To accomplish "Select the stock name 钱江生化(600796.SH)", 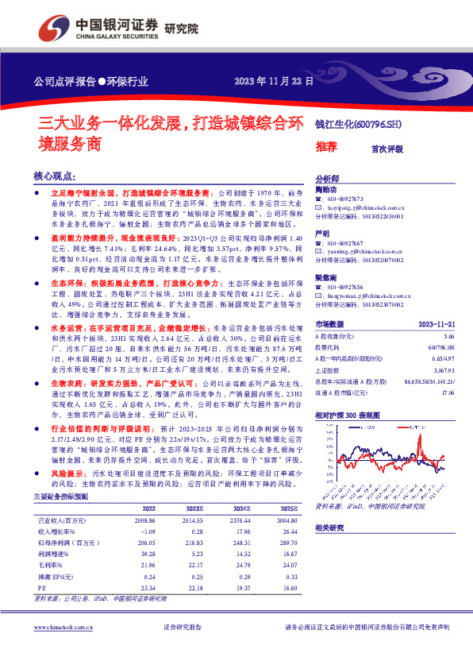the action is (x=359, y=124).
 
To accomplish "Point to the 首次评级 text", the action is (x=387, y=148).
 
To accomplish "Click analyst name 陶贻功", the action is (x=326, y=191).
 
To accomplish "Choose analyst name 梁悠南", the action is (x=326, y=277).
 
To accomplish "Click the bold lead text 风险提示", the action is (x=69, y=472).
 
